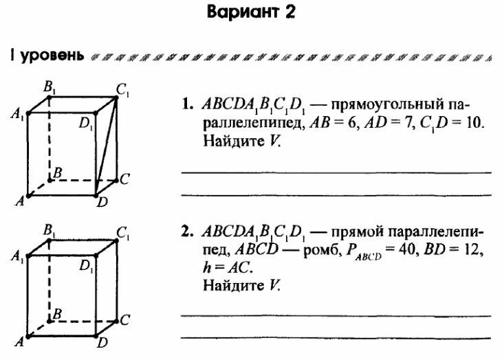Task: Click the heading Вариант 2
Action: pyautogui.click(x=251, y=12)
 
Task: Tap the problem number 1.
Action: pyautogui.click(x=186, y=104)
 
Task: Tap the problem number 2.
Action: pyautogui.click(x=186, y=232)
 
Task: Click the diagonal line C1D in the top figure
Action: pyautogui.click(x=106, y=146)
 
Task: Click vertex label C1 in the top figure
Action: pyautogui.click(x=122, y=91)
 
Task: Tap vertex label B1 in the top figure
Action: pyautogui.click(x=50, y=87)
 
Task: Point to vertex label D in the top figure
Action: pyautogui.click(x=102, y=203)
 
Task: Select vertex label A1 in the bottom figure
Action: pyautogui.click(x=17, y=257)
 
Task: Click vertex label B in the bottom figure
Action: pyautogui.click(x=57, y=314)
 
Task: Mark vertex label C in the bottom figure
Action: pyautogui.click(x=125, y=320)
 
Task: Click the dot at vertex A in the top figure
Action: pyautogui.click(x=28, y=196)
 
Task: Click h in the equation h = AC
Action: pyautogui.click(x=207, y=267)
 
